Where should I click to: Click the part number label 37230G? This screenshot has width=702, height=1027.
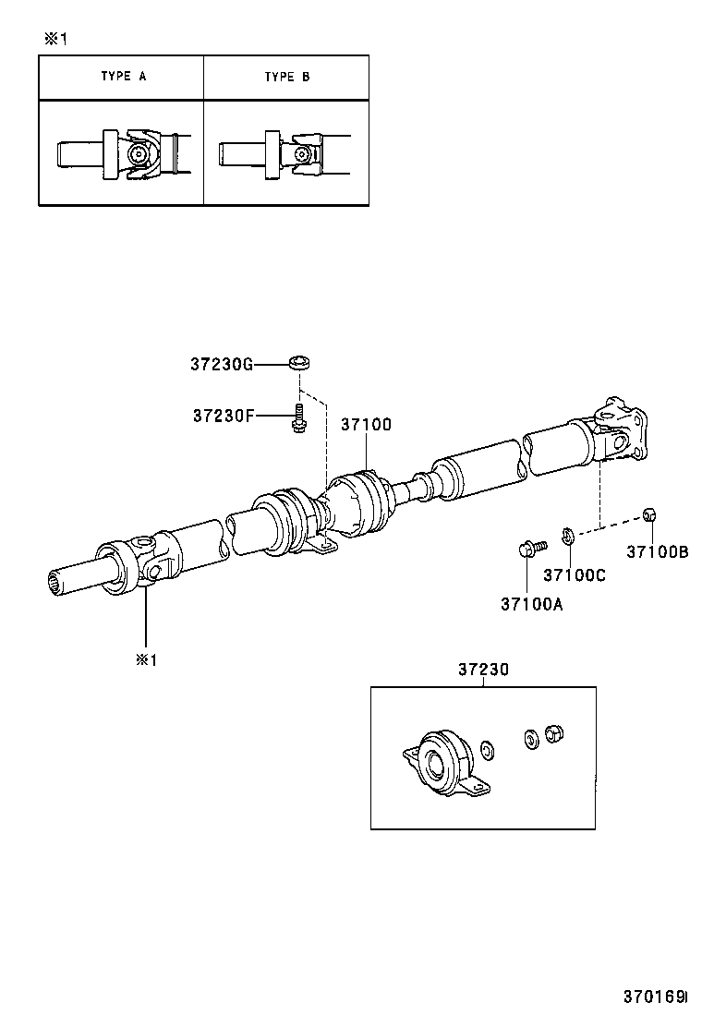[x=221, y=365]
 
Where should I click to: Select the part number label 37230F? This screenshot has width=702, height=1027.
[x=223, y=416]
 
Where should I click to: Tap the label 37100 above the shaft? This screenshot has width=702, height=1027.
[x=366, y=425]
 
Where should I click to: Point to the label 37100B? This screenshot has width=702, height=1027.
[x=658, y=552]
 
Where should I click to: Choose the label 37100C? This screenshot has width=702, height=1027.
[x=574, y=575]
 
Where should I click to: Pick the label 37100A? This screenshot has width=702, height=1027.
[x=531, y=605]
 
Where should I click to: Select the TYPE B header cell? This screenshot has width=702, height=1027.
[x=286, y=77]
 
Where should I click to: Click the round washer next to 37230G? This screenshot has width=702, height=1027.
[x=297, y=361]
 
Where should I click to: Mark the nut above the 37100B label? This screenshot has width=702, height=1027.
[x=648, y=513]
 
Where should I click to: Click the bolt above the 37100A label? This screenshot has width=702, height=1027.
[x=526, y=549]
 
